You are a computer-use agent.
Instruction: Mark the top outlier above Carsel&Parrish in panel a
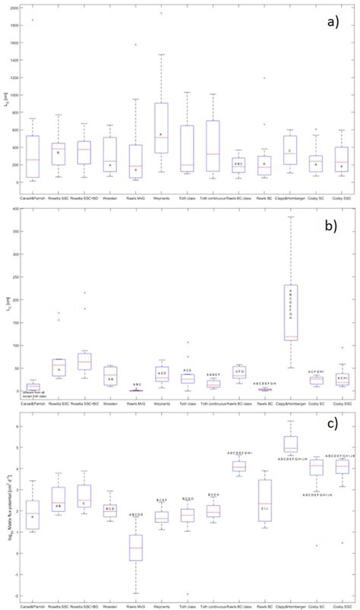click(32, 21)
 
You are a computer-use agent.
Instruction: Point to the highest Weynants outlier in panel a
click(161, 13)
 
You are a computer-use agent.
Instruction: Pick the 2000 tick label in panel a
click(16, 8)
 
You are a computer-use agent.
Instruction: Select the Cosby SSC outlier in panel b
click(343, 348)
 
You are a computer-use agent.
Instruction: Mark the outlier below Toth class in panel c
click(187, 593)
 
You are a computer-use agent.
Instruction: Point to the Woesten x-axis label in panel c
click(109, 605)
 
